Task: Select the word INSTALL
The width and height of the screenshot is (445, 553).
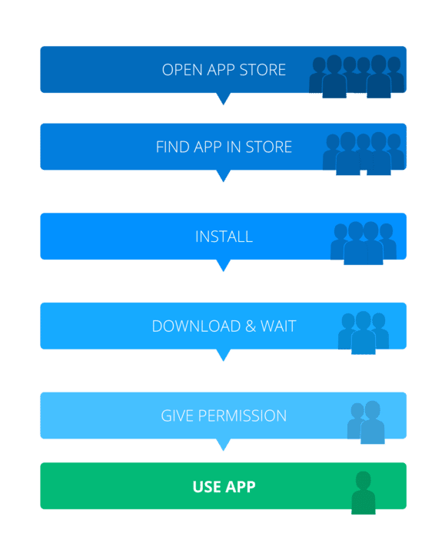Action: click(224, 237)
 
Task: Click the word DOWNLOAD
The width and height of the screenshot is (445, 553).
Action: click(196, 326)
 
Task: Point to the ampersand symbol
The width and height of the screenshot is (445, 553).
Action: click(251, 326)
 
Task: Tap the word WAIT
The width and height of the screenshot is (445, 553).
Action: click(278, 326)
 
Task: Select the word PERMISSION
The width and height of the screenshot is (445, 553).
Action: click(242, 416)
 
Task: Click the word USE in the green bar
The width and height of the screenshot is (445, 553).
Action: click(207, 487)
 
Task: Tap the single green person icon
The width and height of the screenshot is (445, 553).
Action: click(363, 493)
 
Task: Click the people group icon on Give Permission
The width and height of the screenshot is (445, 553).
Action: click(366, 422)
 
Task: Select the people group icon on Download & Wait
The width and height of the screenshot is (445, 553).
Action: click(364, 333)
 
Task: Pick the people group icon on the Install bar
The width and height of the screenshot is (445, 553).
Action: click(364, 243)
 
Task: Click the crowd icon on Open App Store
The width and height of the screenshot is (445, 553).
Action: click(357, 76)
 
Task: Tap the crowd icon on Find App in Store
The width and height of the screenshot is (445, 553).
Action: click(364, 154)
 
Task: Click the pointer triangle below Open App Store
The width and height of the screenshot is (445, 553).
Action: click(224, 98)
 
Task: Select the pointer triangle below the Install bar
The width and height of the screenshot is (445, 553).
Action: click(224, 264)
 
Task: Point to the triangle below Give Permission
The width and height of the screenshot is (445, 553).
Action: click(224, 444)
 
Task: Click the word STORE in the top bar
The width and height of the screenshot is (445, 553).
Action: click(263, 70)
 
